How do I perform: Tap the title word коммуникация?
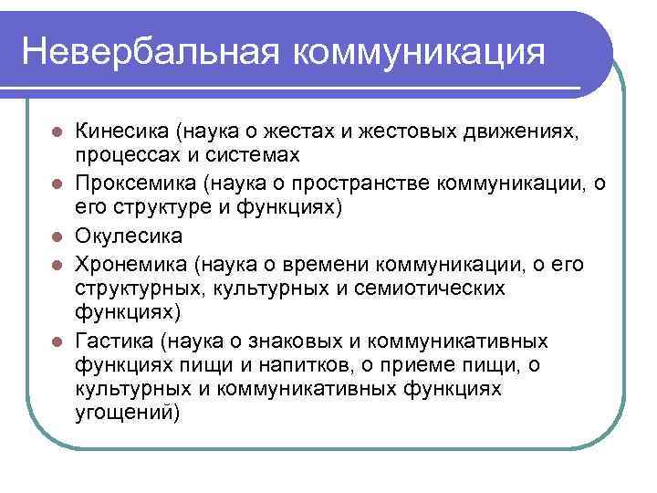click(x=420, y=50)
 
